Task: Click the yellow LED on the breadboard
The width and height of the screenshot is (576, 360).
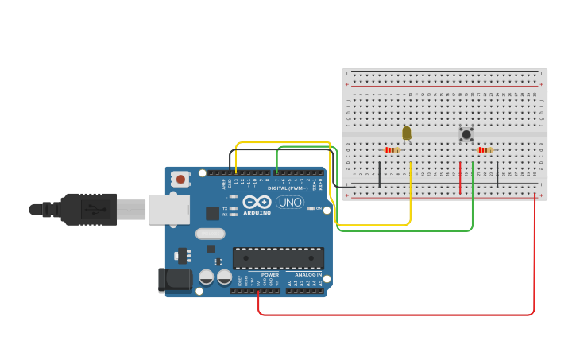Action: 407,134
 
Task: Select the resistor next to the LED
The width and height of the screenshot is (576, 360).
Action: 391,149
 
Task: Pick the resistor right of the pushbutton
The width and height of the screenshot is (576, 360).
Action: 485,149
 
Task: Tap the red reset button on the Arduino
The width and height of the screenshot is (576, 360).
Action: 181,180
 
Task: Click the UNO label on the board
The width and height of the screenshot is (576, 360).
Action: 290,202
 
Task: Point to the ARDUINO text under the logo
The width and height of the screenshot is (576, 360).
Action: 257,213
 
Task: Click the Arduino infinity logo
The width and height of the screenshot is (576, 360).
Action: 257,202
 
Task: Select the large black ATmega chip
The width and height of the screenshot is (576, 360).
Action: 278,257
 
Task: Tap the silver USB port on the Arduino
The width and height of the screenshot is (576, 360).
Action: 168,209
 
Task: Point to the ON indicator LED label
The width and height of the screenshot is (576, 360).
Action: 318,208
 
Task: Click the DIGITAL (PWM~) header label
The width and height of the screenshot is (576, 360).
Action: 286,188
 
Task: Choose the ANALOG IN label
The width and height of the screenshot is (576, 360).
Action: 308,274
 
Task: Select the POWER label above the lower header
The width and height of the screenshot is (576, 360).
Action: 270,274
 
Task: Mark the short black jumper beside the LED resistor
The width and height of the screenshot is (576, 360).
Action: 380,175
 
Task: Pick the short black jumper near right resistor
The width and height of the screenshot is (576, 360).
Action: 497,175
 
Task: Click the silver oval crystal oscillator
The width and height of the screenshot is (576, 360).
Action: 210,234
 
